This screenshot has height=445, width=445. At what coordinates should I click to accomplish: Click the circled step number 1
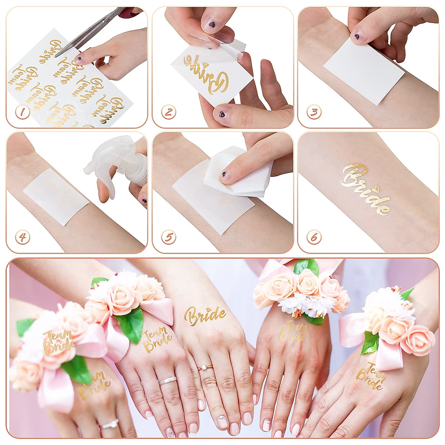pyautogui.click(x=22, y=112)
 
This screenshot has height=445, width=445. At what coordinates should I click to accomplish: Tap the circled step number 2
pyautogui.click(x=168, y=112)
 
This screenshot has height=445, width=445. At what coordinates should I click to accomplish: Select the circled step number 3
pyautogui.click(x=314, y=112)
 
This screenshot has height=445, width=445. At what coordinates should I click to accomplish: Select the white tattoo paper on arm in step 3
pyautogui.click(x=363, y=70)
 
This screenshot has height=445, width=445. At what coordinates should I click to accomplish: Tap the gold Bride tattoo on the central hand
pyautogui.click(x=205, y=316)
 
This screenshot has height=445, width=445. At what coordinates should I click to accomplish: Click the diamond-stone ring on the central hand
pyautogui.click(x=205, y=368)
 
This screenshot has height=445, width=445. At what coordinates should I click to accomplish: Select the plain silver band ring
pyautogui.click(x=168, y=380)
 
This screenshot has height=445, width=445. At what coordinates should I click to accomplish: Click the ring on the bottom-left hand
pyautogui.click(x=110, y=424)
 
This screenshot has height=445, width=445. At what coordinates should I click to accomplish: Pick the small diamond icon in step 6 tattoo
pyautogui.click(x=376, y=188)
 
